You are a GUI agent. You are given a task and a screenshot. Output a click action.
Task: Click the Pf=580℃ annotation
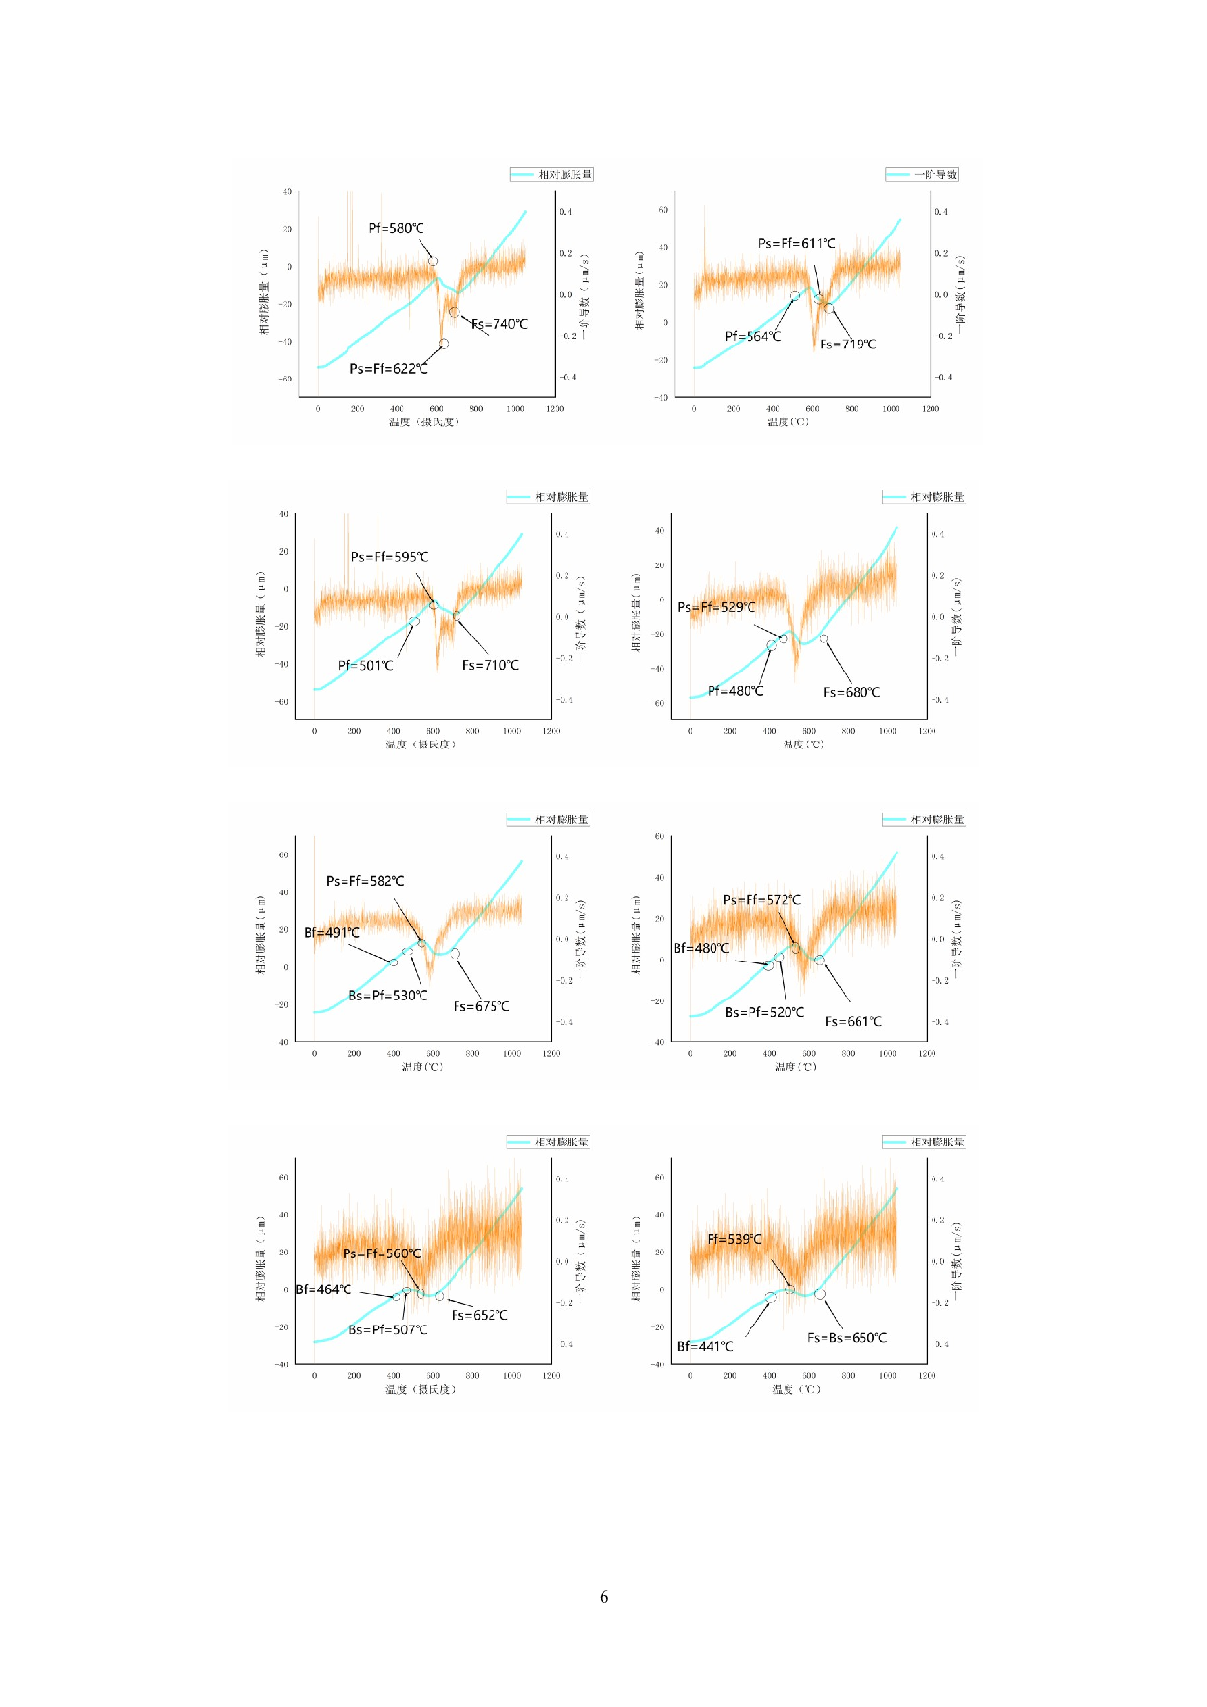click(x=396, y=228)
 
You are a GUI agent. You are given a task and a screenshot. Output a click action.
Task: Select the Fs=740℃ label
click(x=499, y=324)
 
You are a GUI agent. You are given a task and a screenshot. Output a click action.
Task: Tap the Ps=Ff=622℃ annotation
click(x=388, y=369)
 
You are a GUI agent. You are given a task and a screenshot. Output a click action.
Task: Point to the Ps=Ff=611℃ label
click(x=796, y=243)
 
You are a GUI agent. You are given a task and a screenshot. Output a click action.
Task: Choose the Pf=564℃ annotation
click(x=752, y=337)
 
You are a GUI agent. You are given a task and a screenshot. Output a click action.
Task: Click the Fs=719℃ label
click(x=848, y=345)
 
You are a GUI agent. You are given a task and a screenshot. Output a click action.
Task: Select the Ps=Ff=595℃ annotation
click(x=389, y=557)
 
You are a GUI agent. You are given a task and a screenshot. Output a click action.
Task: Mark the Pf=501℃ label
click(x=366, y=666)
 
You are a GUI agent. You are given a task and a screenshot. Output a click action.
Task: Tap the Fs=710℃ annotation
click(x=491, y=666)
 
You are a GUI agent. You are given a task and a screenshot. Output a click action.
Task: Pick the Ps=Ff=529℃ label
click(x=716, y=607)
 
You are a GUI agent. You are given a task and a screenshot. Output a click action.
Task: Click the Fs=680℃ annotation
click(x=852, y=693)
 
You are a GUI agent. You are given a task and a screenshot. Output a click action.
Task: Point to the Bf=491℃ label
click(x=332, y=933)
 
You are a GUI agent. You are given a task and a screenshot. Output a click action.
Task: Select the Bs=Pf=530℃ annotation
click(x=388, y=996)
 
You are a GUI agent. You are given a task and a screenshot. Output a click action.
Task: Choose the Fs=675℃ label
click(x=481, y=1007)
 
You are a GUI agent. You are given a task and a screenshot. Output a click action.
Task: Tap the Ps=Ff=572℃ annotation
click(x=762, y=900)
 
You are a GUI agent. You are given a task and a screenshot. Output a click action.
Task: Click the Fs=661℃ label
click(x=854, y=1022)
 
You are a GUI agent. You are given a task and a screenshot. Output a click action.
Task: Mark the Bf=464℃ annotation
click(x=324, y=1289)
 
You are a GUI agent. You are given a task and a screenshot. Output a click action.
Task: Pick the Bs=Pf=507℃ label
click(x=388, y=1330)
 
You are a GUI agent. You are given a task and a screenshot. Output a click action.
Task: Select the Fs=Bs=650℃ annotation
click(x=847, y=1338)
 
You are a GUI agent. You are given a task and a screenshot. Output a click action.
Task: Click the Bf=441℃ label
click(x=706, y=1347)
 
